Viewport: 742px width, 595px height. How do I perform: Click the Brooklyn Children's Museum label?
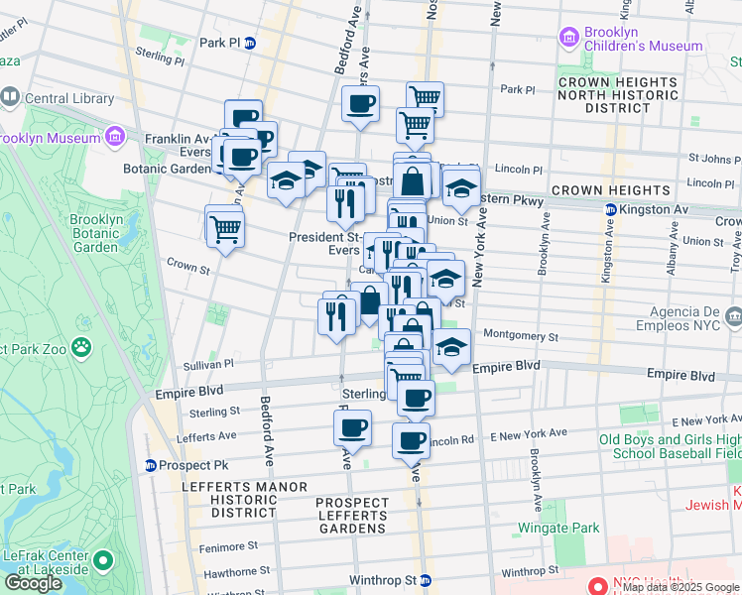click(642, 39)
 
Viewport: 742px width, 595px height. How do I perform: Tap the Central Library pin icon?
click(10, 97)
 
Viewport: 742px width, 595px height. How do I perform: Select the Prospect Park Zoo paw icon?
click(79, 348)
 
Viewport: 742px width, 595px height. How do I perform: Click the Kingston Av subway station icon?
click(609, 209)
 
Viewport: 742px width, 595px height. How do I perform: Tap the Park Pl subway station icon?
click(251, 43)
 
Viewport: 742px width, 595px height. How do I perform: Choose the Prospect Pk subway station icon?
click(151, 465)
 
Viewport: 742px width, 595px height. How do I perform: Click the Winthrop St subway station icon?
click(425, 579)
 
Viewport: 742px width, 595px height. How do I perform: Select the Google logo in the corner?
click(33, 583)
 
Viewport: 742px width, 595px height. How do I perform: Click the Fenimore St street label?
click(226, 545)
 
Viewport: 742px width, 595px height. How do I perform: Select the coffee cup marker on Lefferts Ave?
click(352, 428)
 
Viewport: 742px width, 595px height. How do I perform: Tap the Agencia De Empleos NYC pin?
click(733, 317)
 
